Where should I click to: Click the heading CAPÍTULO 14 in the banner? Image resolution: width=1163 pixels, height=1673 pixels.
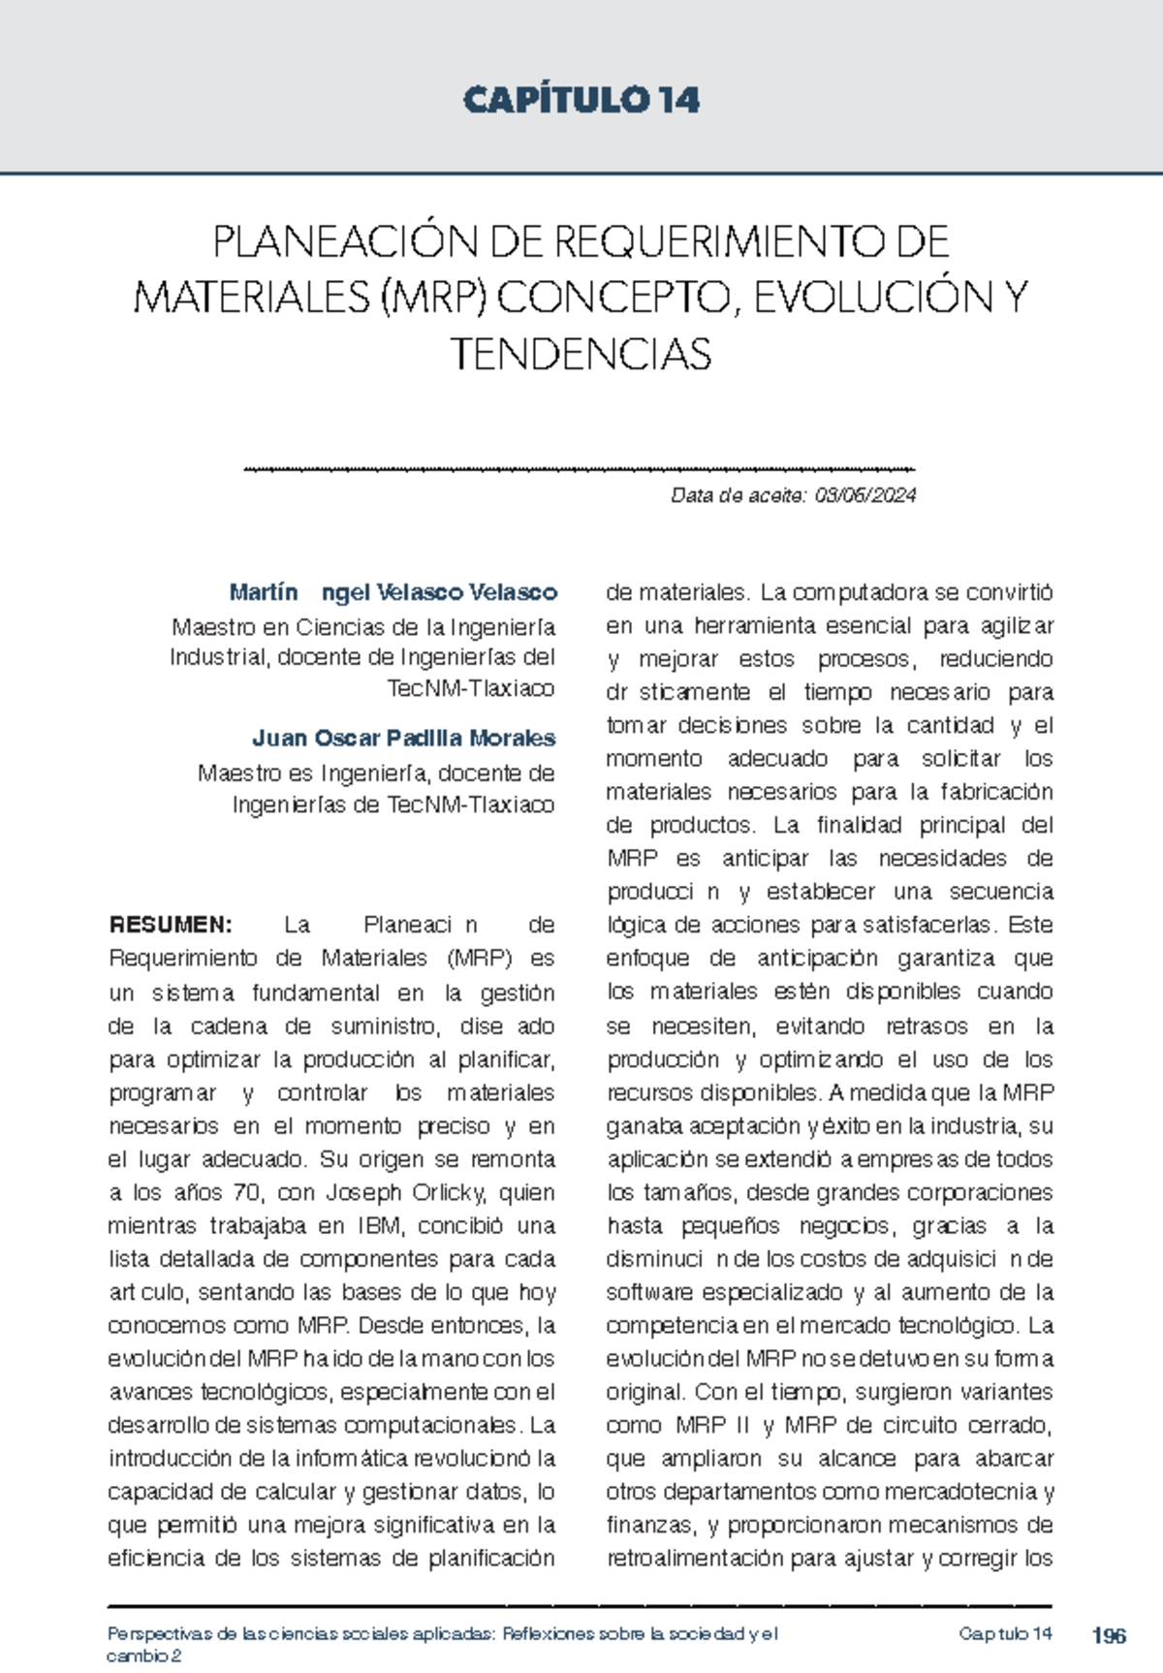(581, 100)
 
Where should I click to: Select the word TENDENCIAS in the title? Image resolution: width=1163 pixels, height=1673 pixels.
(581, 355)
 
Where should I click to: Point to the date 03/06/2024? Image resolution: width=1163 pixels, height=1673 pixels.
(864, 496)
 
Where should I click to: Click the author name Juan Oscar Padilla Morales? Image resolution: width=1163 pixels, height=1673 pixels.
(403, 739)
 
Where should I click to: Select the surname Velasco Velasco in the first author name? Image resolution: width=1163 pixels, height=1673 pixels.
(466, 592)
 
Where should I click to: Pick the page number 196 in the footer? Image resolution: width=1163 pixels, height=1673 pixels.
(1109, 1636)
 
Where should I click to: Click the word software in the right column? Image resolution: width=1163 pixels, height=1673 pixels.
(648, 1293)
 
